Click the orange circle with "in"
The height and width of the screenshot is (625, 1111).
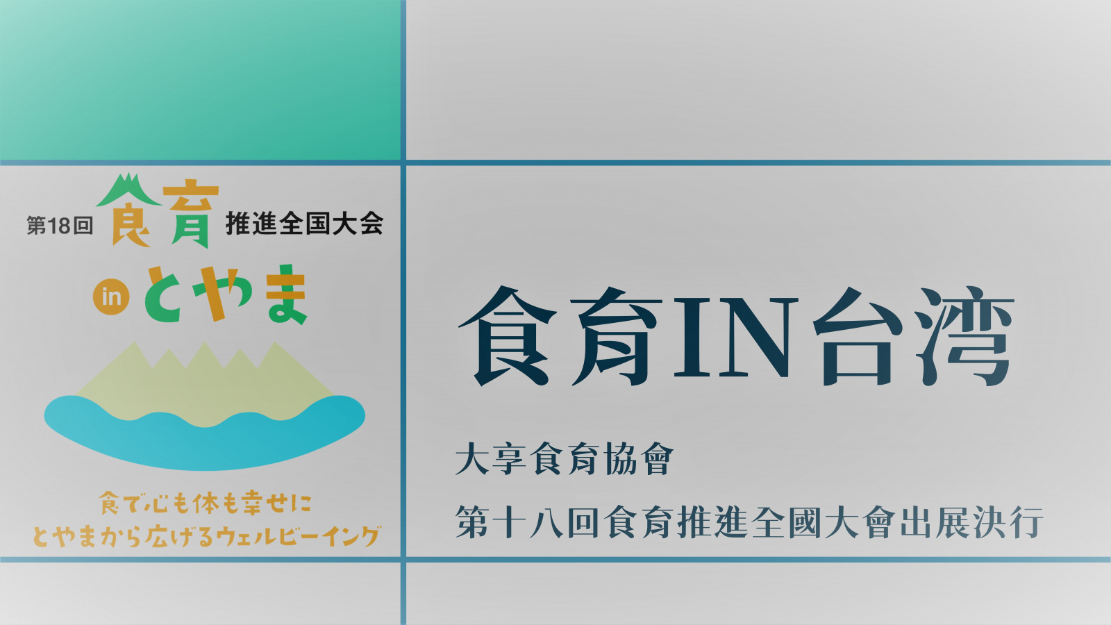point(111,297)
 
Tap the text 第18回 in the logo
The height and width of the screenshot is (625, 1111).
point(60,226)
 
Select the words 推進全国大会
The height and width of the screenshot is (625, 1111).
point(305,224)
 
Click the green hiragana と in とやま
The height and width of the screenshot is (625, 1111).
point(163,294)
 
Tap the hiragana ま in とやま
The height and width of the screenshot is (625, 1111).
point(286,294)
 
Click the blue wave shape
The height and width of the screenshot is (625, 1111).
point(204,431)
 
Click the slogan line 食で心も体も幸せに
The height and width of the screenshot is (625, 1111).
point(206,503)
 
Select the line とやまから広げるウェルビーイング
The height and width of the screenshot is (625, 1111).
point(206,535)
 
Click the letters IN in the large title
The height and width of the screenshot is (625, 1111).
point(733,337)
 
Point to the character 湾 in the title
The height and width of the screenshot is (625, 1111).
point(964,337)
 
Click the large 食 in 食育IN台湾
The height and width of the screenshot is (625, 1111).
point(507,337)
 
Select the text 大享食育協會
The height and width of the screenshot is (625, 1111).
point(565,459)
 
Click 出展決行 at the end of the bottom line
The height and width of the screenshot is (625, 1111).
point(972,522)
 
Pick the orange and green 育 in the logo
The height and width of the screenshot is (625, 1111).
point(191,216)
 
